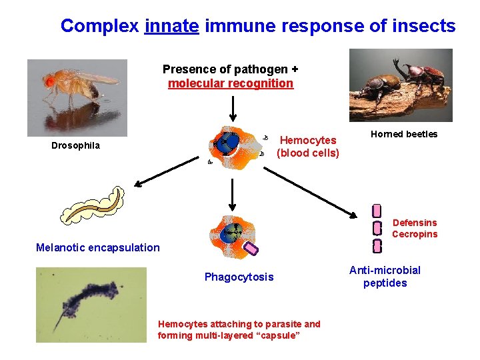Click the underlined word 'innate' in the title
171,27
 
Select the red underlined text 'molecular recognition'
230,83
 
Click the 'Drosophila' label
75,145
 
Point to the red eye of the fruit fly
50,81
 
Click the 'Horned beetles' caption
404,134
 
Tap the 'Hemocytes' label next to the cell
308,140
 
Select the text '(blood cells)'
308,153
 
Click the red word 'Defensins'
415,223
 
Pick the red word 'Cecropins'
415,234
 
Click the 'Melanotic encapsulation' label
98,247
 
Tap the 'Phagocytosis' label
239,277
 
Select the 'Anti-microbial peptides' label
385,277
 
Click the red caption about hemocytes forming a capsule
239,329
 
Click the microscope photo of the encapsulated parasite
91,305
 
